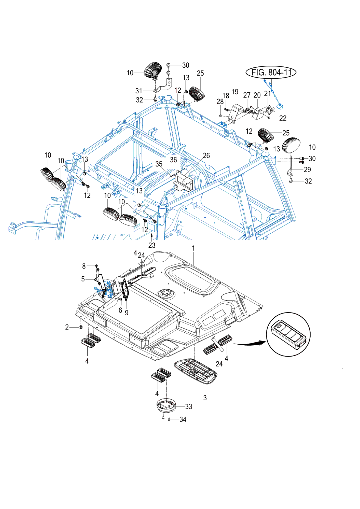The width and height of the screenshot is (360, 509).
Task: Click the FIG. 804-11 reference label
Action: click(x=271, y=73)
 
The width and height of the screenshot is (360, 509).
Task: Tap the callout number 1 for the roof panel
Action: click(x=193, y=248)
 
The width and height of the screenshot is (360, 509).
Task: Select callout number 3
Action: click(x=205, y=398)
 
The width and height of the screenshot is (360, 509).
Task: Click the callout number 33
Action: click(x=189, y=406)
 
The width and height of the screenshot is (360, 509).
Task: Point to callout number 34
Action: click(x=183, y=419)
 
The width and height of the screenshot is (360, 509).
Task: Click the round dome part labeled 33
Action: click(x=166, y=405)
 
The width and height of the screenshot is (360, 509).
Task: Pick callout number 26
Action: click(x=206, y=155)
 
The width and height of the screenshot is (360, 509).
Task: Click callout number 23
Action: click(x=152, y=245)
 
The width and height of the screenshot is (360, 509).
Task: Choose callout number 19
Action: click(x=235, y=92)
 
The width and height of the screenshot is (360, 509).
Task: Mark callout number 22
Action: click(x=283, y=118)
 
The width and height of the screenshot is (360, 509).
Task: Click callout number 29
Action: click(x=307, y=169)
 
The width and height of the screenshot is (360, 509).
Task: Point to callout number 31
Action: click(x=139, y=91)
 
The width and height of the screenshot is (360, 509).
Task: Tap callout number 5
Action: click(x=83, y=279)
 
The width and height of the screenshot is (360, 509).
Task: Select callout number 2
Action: click(x=67, y=327)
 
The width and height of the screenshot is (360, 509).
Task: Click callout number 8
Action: click(x=84, y=266)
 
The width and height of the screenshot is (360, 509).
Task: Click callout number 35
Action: click(x=159, y=164)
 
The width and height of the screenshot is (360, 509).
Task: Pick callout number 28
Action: click(x=220, y=102)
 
